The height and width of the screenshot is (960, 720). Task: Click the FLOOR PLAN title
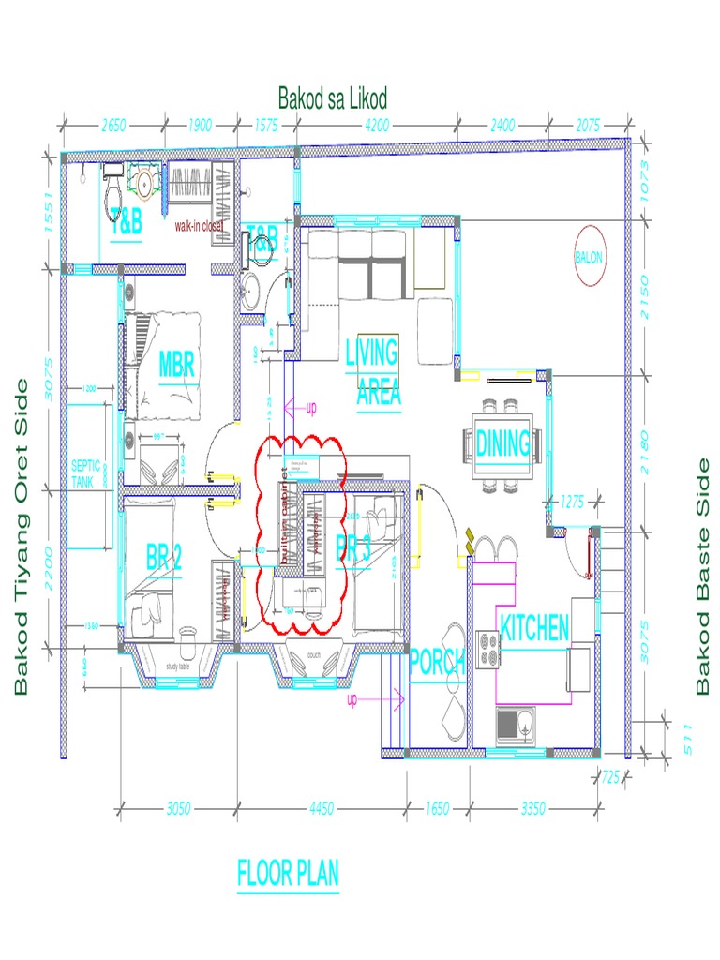[288, 874]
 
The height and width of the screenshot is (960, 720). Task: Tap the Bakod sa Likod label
[332, 98]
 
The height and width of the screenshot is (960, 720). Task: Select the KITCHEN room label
[533, 627]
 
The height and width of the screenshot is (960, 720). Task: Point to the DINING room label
[503, 442]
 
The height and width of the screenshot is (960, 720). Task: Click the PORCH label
[437, 663]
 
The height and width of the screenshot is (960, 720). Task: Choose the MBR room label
[176, 364]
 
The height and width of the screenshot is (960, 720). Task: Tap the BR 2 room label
[163, 558]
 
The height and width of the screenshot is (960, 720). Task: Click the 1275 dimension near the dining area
[572, 502]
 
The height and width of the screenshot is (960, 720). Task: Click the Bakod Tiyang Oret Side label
[21, 536]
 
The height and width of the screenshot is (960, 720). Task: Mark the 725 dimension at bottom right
[611, 776]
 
